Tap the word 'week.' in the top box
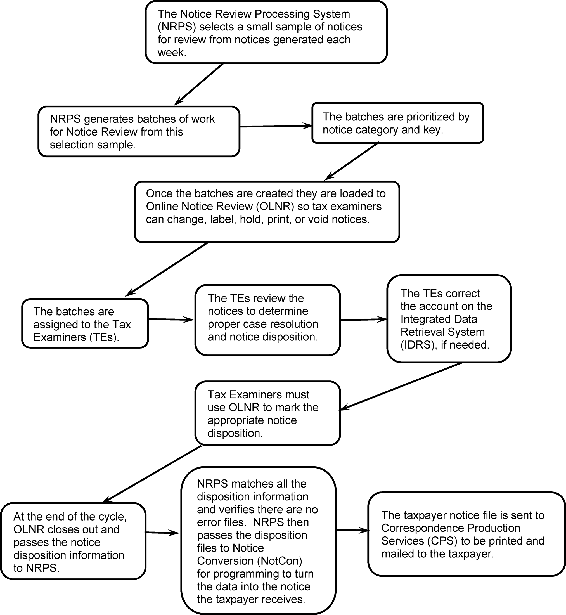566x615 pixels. (172, 53)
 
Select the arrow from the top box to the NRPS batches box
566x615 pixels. (199, 84)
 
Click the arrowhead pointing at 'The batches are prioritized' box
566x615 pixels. (307, 126)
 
